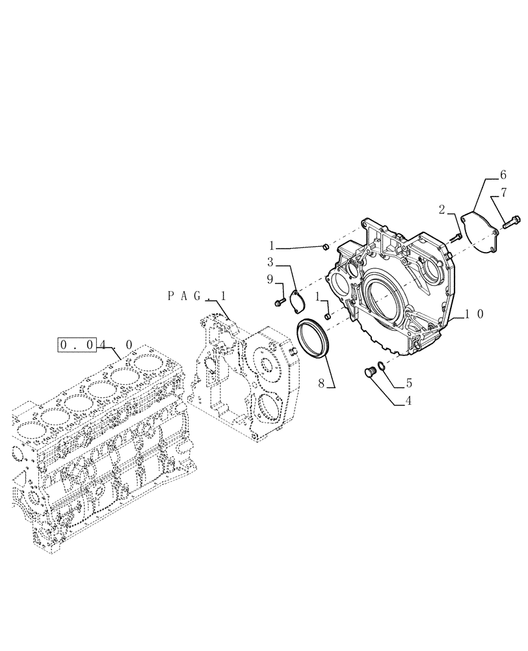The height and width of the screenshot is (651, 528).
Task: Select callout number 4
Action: (408, 401)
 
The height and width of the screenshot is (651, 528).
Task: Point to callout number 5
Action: (408, 383)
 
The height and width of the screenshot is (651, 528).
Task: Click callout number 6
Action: (503, 174)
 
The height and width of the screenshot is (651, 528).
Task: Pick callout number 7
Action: (503, 192)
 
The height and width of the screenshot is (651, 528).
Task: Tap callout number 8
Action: (321, 383)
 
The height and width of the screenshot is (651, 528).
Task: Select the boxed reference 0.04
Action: (77, 344)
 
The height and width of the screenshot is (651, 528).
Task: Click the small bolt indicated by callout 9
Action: (280, 301)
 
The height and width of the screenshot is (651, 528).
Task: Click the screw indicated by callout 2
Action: (458, 238)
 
